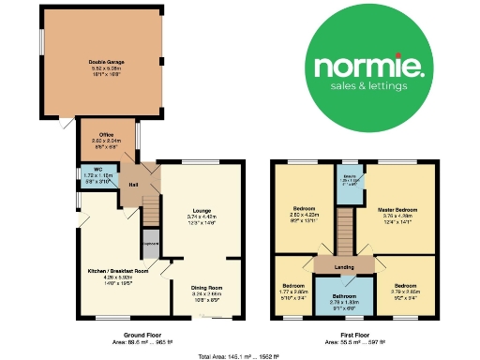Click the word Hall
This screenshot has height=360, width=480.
tap(134, 185)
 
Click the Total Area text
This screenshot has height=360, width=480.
tap(240, 355)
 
